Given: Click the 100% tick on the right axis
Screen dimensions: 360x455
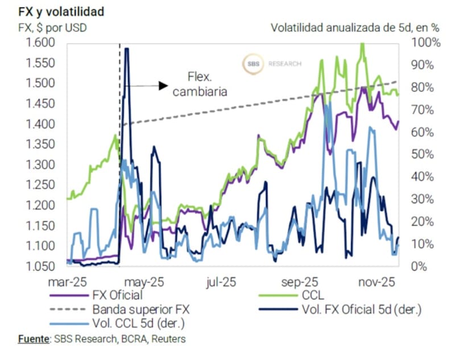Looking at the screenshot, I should [423, 43].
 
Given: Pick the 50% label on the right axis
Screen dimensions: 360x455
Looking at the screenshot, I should [421, 154].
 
